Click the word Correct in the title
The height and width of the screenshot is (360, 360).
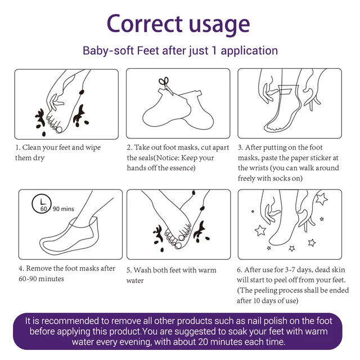145,24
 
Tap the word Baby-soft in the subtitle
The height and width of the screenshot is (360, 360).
108,51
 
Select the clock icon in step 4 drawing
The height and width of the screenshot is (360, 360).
41,204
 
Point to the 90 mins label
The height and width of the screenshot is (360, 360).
64,209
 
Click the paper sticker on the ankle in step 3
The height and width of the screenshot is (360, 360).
285,90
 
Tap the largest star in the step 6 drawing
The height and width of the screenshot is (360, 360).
321,199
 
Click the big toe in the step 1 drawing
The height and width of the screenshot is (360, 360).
59,130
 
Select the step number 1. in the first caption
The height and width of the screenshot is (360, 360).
17,147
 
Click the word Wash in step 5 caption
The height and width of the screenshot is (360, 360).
142,270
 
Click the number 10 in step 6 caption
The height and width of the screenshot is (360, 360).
256,300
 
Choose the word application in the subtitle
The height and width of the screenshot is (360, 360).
249,51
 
